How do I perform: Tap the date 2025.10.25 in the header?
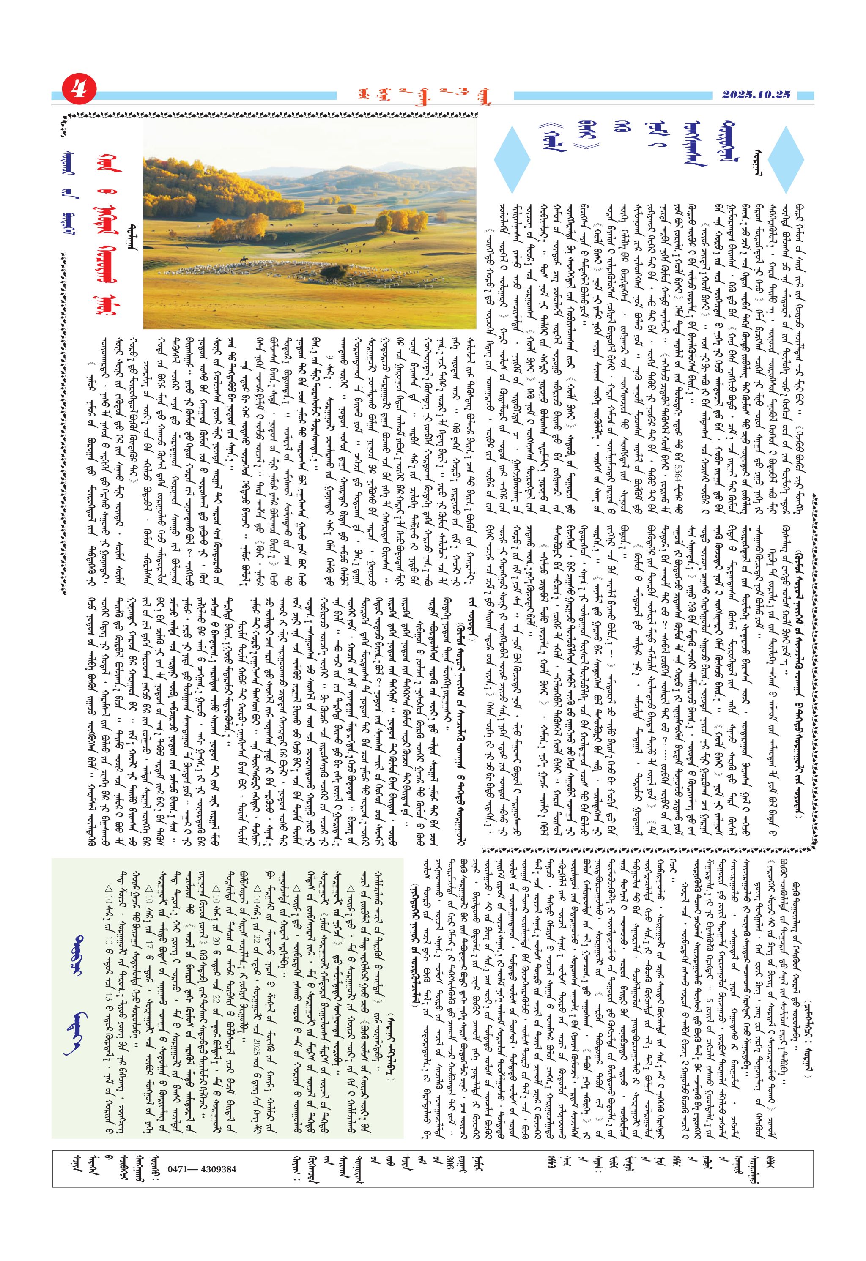756,94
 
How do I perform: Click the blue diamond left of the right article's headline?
512,159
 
